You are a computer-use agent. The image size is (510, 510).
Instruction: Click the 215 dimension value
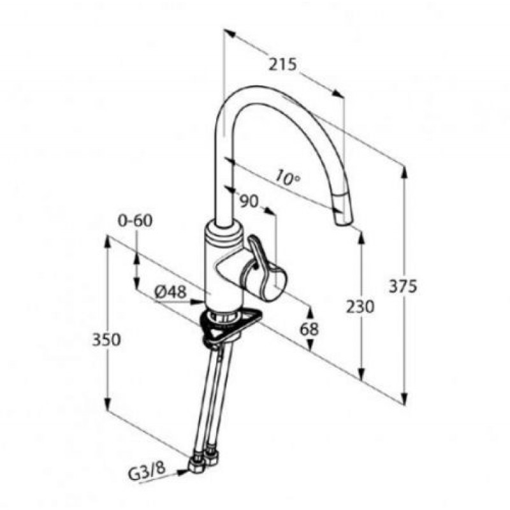282,64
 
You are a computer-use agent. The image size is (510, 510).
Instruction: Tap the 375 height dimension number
403,286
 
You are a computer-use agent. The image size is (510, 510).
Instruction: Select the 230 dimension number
360,307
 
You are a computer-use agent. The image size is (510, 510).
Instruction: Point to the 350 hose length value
106,340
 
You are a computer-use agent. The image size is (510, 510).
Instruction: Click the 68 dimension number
309,329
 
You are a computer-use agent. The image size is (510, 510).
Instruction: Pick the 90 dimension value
249,201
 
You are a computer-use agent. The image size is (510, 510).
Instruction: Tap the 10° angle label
288,178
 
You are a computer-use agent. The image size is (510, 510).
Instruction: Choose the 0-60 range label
135,221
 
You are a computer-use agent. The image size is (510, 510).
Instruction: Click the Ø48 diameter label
170,292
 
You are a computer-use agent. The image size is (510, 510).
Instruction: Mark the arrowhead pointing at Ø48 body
198,302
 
